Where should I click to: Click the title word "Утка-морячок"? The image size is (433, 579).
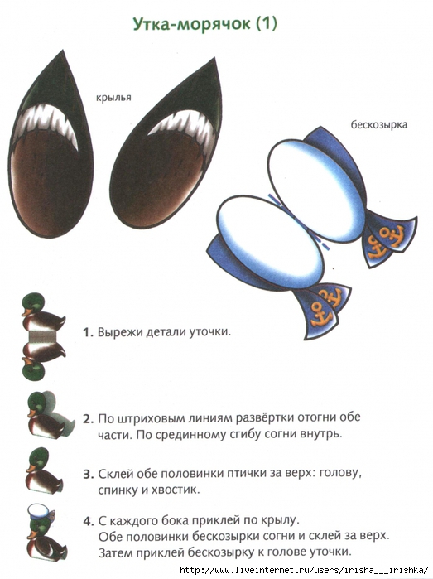point(191,24)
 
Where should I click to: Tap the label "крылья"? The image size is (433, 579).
point(113,98)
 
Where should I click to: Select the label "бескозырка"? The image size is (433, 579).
point(378,124)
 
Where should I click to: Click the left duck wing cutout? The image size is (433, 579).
point(51,147)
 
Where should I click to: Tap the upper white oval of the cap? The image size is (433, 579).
point(316,191)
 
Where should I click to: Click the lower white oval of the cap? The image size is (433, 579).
point(271,242)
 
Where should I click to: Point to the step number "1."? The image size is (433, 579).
point(89,332)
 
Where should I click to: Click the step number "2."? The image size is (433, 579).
point(89,419)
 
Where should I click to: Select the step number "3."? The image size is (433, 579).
point(89,474)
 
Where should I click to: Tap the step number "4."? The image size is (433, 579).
point(89,521)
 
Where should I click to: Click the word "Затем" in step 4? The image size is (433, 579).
point(115,552)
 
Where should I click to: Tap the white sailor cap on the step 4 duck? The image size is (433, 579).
point(41,512)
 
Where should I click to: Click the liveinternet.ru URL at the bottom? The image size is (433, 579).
point(305,570)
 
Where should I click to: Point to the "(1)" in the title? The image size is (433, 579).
point(266,24)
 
